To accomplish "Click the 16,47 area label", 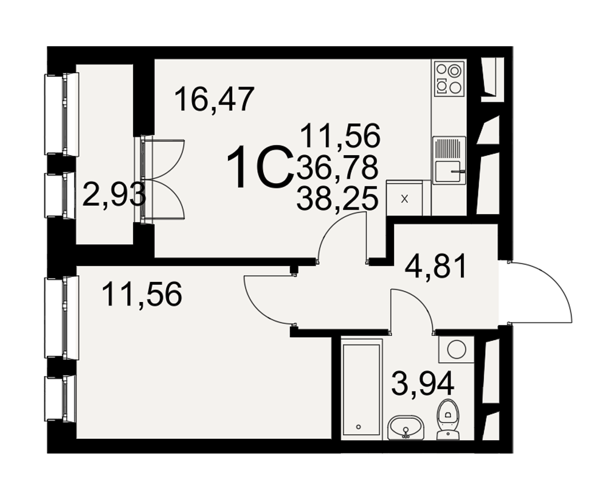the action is click(215, 99).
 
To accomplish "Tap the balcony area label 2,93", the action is click(114, 195).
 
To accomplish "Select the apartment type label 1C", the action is click(260, 167).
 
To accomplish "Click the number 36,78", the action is click(337, 168).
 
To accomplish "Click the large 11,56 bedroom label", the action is click(142, 294).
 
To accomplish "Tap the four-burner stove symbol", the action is click(449, 79).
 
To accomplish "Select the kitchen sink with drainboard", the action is click(449, 160).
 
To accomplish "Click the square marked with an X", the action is click(404, 199).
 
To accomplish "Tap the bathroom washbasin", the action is click(406, 427).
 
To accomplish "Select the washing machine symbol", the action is click(456, 349).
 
